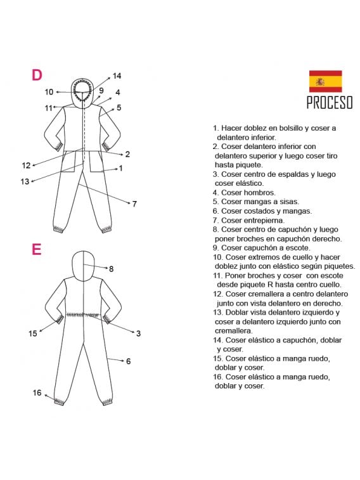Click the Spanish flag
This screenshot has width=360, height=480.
[x=325, y=81]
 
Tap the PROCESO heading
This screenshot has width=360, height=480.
[x=330, y=103]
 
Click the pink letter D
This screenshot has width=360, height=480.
[x=37, y=75]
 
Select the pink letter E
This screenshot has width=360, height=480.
[x=36, y=249]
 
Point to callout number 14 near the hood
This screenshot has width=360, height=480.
[x=117, y=75]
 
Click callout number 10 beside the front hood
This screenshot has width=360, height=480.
[x=49, y=92]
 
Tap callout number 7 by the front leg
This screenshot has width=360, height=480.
[x=134, y=204]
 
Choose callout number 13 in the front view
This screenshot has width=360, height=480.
[x=25, y=181]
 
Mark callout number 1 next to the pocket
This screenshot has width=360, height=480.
[x=121, y=168]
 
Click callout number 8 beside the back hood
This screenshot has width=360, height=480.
[x=111, y=269]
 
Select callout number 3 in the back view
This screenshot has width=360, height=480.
[x=138, y=334]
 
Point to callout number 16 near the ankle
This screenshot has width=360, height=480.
[x=37, y=392]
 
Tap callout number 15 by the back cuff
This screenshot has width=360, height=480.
[x=33, y=334]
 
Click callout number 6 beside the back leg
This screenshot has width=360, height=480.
[x=129, y=361]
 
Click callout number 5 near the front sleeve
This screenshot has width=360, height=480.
[x=119, y=107]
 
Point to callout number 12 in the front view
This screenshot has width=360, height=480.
[x=27, y=165]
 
